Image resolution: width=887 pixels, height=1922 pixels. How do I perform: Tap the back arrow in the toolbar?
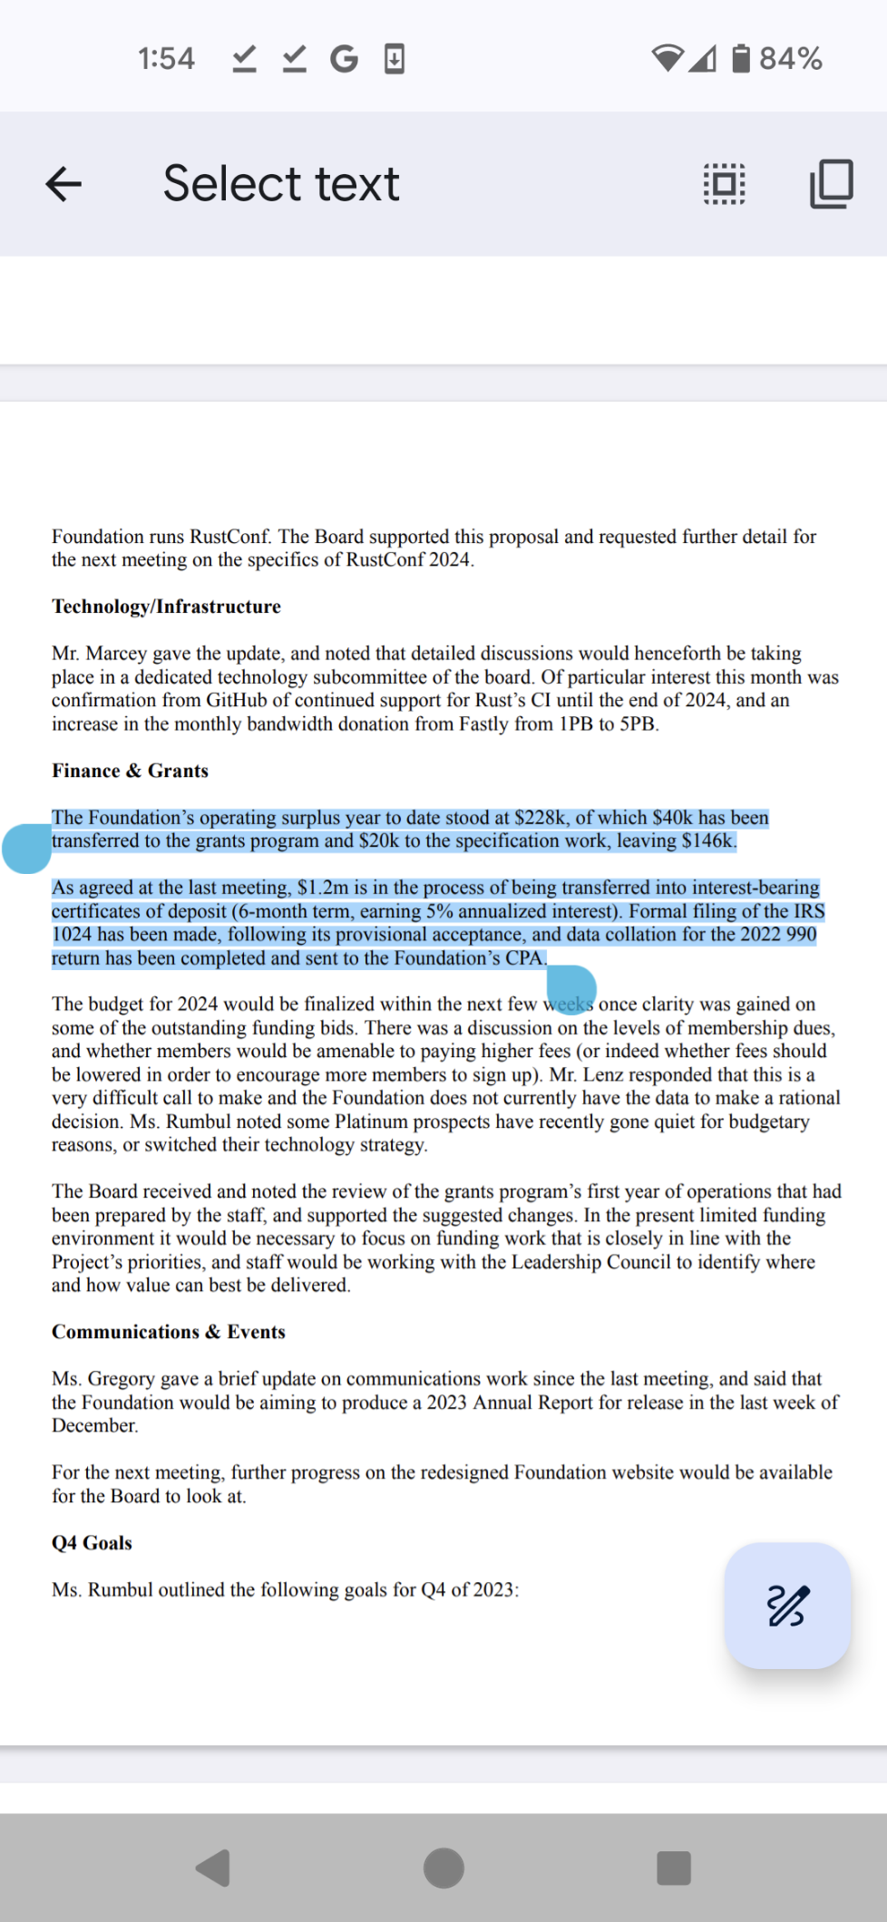[63, 184]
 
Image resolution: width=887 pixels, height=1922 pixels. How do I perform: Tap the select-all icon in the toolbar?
[725, 184]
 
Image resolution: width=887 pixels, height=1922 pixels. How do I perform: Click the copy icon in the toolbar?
[831, 184]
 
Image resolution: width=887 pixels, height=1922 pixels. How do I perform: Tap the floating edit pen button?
[787, 1606]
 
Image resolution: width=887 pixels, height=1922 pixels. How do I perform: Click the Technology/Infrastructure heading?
[166, 607]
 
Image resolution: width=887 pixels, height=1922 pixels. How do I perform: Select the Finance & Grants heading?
[130, 771]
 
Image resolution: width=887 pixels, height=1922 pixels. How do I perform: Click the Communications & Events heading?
[169, 1332]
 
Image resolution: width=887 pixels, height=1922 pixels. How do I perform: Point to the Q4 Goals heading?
[92, 1543]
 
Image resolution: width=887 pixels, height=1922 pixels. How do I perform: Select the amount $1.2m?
[323, 888]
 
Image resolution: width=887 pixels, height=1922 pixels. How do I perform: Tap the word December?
[94, 1425]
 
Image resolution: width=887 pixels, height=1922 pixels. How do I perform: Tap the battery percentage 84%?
[790, 59]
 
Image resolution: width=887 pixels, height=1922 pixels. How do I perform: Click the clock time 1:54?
[166, 59]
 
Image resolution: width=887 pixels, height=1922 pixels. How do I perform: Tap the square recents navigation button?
[673, 1868]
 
